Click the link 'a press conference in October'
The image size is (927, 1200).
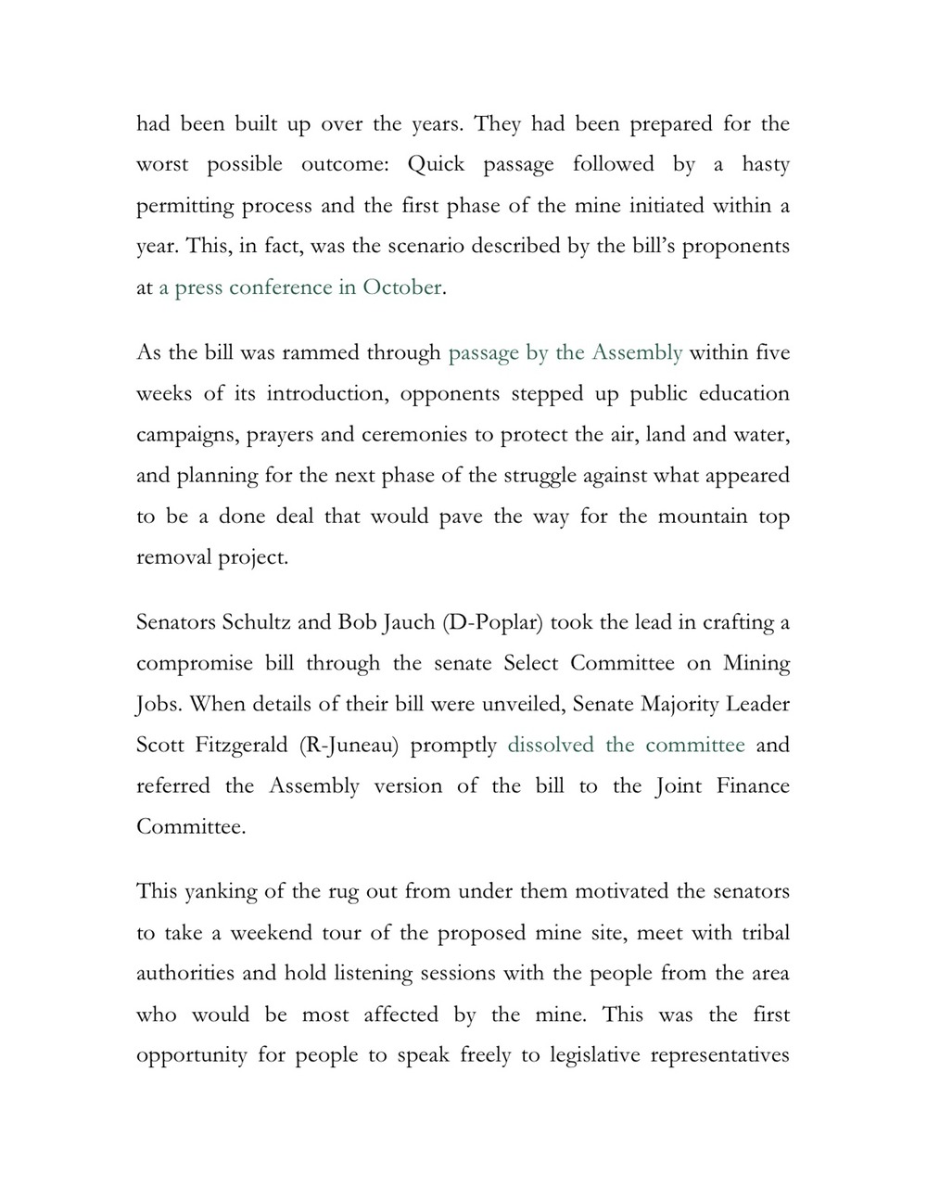pyautogui.click(x=299, y=287)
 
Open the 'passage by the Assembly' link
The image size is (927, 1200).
pyautogui.click(x=565, y=353)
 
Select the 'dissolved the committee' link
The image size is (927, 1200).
pyautogui.click(x=626, y=746)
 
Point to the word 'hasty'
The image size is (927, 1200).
pyautogui.click(x=765, y=165)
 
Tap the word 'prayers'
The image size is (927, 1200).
pyautogui.click(x=279, y=435)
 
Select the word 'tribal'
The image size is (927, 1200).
pyautogui.click(x=766, y=933)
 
